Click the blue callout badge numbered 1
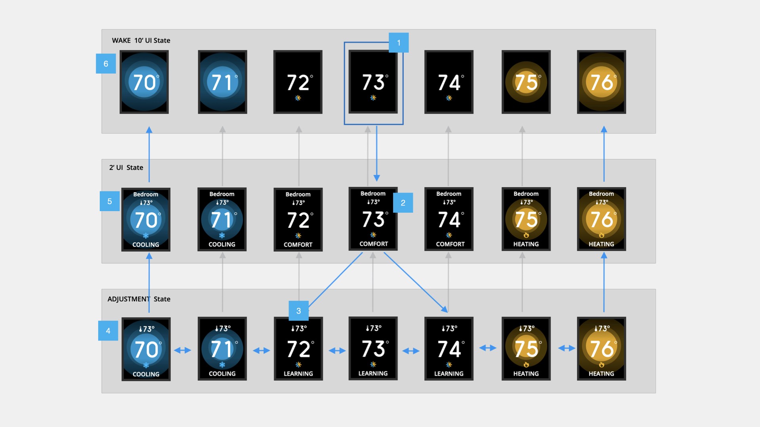pyautogui.click(x=399, y=43)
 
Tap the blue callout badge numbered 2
pyautogui.click(x=403, y=203)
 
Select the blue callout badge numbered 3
pyautogui.click(x=298, y=311)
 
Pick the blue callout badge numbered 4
pyautogui.click(x=108, y=331)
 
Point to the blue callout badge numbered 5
pyautogui.click(x=110, y=201)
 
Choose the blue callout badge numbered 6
pyautogui.click(x=106, y=64)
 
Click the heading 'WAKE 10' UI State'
pyautogui.click(x=141, y=40)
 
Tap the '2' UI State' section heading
pyautogui.click(x=126, y=168)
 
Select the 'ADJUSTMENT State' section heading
pyautogui.click(x=139, y=299)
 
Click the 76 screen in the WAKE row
pyautogui.click(x=601, y=82)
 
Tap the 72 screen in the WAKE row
pyautogui.click(x=298, y=82)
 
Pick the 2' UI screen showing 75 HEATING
pyautogui.click(x=526, y=219)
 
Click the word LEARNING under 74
pyautogui.click(x=448, y=374)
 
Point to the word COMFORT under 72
pyautogui.click(x=298, y=245)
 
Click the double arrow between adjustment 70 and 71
pyautogui.click(x=182, y=350)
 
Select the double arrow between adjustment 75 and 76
pyautogui.click(x=566, y=348)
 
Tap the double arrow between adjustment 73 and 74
pyautogui.click(x=411, y=351)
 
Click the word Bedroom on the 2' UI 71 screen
pyautogui.click(x=222, y=194)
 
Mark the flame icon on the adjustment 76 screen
pyautogui.click(x=601, y=365)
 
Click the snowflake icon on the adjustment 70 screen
pyautogui.click(x=146, y=365)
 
